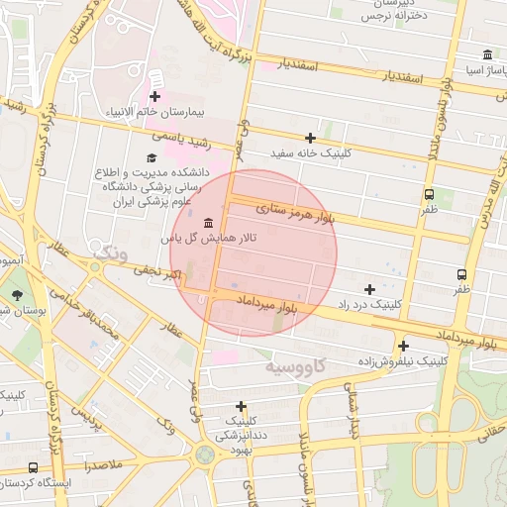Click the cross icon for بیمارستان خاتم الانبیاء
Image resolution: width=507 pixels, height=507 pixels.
(x=154, y=96)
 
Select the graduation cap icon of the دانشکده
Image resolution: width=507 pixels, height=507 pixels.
(x=152, y=157)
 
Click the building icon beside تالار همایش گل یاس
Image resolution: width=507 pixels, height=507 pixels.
(x=207, y=222)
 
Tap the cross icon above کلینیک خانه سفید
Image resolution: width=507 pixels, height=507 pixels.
(x=310, y=138)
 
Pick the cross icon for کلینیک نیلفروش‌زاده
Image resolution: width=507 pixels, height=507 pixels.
(x=403, y=346)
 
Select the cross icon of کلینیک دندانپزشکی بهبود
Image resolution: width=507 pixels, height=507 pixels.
(x=241, y=405)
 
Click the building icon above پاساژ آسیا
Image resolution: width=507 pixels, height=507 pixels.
(x=487, y=55)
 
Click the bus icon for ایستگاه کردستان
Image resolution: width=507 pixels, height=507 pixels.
(x=33, y=466)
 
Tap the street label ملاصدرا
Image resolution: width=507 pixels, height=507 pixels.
(x=101, y=463)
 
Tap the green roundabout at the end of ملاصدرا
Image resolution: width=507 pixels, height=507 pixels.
(x=205, y=455)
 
